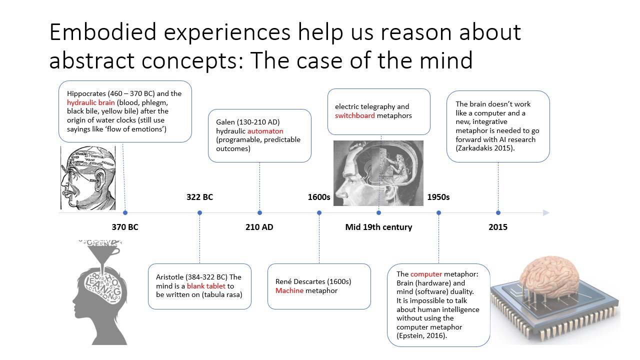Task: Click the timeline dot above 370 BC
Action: [125, 212]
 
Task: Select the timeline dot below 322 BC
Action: [199, 212]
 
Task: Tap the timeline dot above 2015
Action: [498, 212]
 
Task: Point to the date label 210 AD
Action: [259, 227]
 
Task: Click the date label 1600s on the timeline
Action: [319, 197]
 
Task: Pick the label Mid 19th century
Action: [378, 227]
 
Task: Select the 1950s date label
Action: [438, 197]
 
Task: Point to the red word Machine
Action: [289, 290]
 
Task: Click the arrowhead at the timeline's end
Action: [546, 212]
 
